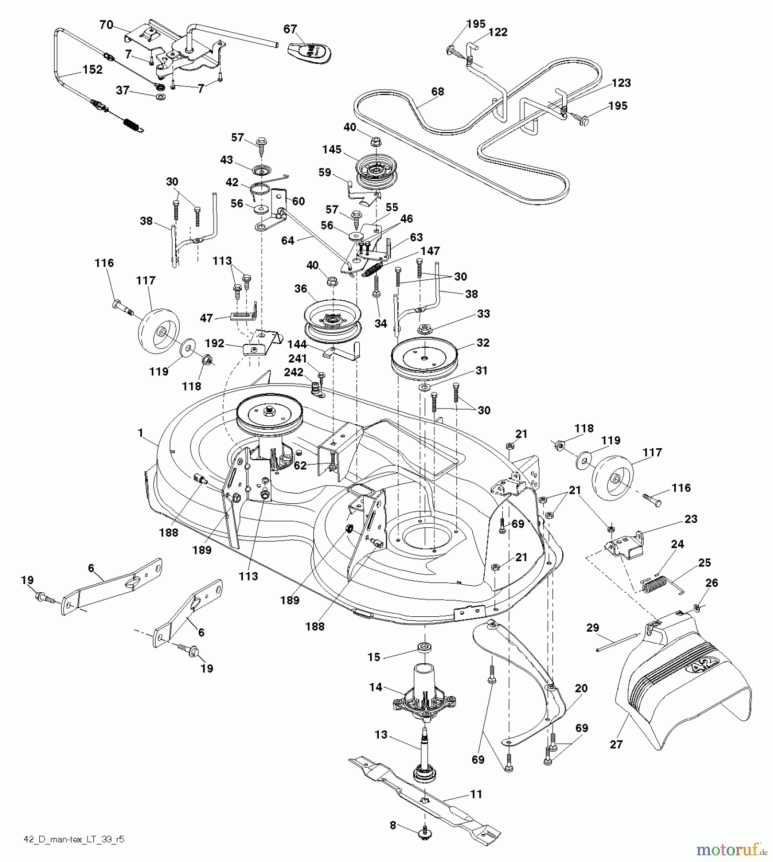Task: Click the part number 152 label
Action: pos(92,69)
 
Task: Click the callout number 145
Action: pos(332,150)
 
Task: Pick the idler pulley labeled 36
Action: pos(332,320)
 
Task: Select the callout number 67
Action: pos(290,29)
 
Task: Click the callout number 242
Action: pos(294,372)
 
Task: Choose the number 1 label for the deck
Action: pos(140,433)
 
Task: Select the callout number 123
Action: pos(621,83)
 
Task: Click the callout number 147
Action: pos(430,251)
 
